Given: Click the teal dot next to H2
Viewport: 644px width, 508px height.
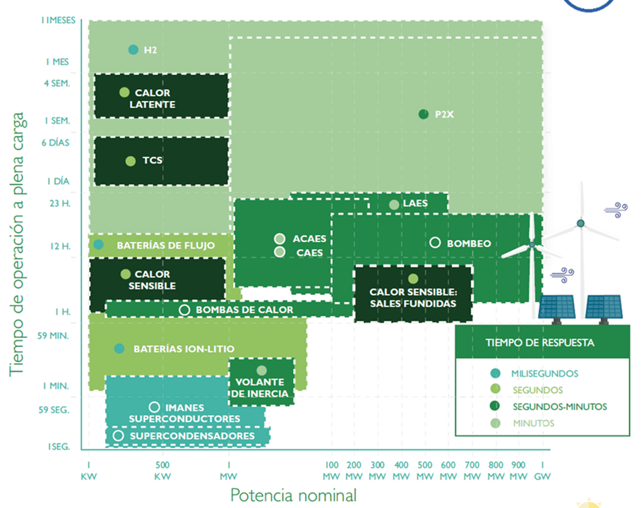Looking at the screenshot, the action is [x=133, y=50].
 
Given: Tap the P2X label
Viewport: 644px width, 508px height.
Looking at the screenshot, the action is [x=444, y=114].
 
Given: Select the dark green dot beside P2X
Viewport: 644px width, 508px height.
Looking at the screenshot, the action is [x=423, y=114].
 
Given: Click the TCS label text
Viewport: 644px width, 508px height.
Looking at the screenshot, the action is [x=152, y=160].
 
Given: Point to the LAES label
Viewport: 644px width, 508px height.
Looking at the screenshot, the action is [x=415, y=203].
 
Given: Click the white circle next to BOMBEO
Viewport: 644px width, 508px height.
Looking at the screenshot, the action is [x=435, y=243].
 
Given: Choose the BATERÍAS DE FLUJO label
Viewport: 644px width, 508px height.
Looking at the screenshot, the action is [x=166, y=246].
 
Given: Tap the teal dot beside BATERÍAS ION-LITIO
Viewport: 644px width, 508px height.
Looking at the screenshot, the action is [x=119, y=349].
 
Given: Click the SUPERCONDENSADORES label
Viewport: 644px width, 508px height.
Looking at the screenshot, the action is [x=192, y=436].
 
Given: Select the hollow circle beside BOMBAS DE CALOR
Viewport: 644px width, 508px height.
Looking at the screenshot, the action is [x=184, y=310].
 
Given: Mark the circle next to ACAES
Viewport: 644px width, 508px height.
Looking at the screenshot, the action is [x=280, y=239].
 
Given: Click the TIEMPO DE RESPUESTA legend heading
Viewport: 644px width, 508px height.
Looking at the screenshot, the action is [x=540, y=343].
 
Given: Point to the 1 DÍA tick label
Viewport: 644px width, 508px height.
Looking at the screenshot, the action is [x=58, y=181].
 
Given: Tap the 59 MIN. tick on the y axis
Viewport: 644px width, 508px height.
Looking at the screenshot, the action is [x=53, y=336].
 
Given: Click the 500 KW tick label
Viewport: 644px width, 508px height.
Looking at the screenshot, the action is [x=162, y=471].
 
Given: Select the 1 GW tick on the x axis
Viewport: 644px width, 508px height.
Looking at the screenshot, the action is [x=542, y=471].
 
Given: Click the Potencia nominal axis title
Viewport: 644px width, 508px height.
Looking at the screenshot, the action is [x=293, y=495].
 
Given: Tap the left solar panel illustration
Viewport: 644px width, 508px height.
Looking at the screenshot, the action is [x=557, y=308].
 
